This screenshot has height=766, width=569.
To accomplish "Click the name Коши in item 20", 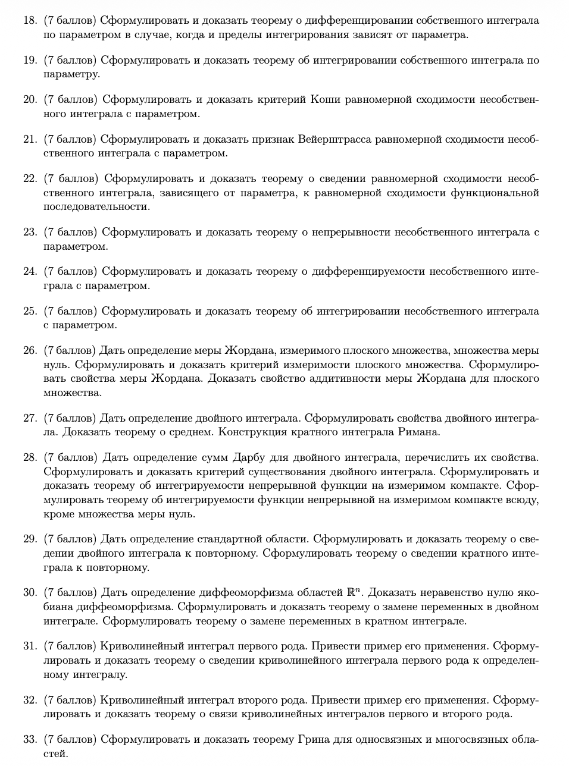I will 325,99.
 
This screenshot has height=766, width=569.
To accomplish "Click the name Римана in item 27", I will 418,432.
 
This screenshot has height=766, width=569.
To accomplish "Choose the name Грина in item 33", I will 310,740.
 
